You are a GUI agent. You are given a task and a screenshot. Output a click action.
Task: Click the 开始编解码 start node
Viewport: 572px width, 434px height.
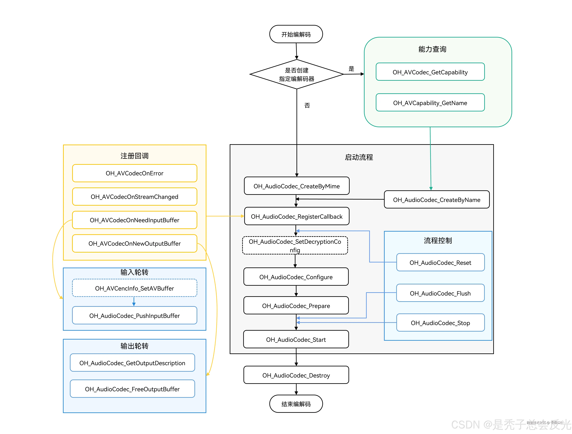click(296, 34)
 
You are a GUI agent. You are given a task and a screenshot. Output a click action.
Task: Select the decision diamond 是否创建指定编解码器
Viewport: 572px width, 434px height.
click(296, 74)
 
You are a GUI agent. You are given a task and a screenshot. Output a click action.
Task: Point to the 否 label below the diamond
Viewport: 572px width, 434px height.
click(307, 105)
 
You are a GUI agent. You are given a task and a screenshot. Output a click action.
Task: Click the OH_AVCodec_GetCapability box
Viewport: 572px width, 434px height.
click(430, 72)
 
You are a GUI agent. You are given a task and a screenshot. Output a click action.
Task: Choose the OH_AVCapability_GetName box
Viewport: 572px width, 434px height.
click(430, 103)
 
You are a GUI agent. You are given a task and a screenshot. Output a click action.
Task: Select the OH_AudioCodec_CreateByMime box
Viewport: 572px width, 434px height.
click(296, 186)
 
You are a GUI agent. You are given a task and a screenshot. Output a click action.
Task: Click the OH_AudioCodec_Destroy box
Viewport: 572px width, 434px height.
click(296, 375)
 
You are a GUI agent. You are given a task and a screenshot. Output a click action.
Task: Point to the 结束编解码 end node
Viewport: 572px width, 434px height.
click(296, 404)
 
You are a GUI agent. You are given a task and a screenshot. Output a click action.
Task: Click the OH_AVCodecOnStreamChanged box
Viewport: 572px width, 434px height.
click(134, 197)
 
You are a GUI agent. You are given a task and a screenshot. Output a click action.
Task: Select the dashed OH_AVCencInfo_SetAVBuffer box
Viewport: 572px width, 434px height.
click(134, 288)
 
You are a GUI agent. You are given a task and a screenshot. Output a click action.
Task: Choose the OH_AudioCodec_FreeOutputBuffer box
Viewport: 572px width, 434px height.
click(132, 389)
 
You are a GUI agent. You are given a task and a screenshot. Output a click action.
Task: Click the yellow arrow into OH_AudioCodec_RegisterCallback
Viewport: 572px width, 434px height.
click(225, 216)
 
